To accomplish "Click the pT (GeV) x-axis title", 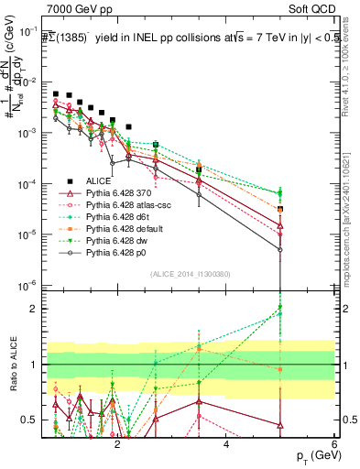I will (x=313, y=455).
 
